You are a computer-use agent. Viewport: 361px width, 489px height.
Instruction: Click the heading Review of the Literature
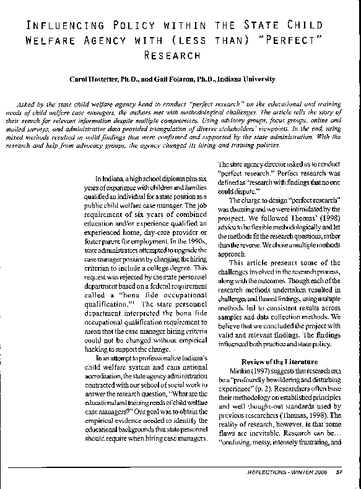279,361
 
